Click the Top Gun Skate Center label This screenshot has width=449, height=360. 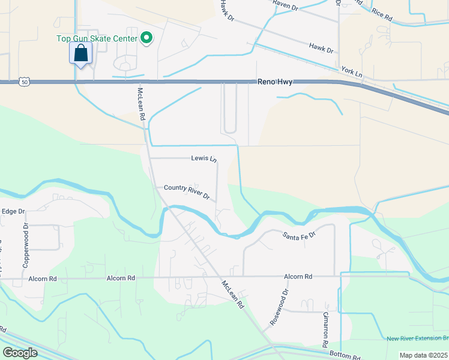[97, 39]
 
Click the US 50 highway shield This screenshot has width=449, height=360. [23, 81]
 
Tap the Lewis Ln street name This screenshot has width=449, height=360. [203, 159]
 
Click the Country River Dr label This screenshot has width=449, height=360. [187, 192]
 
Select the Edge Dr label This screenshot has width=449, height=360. [13, 211]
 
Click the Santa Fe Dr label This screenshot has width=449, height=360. [300, 233]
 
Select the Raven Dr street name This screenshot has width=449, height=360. [285, 6]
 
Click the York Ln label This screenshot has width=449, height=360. [352, 71]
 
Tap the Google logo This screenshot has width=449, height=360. [20, 353]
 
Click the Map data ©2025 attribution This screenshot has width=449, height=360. [423, 355]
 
